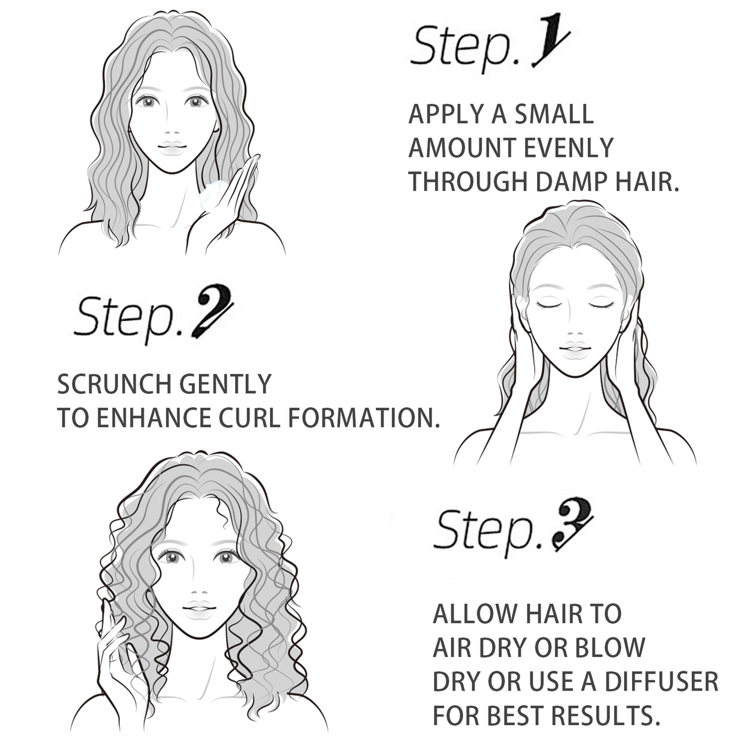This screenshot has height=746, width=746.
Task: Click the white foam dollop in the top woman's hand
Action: pyautogui.click(x=212, y=193)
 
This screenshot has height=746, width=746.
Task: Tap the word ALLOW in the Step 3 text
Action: pyautogui.click(x=469, y=613)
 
